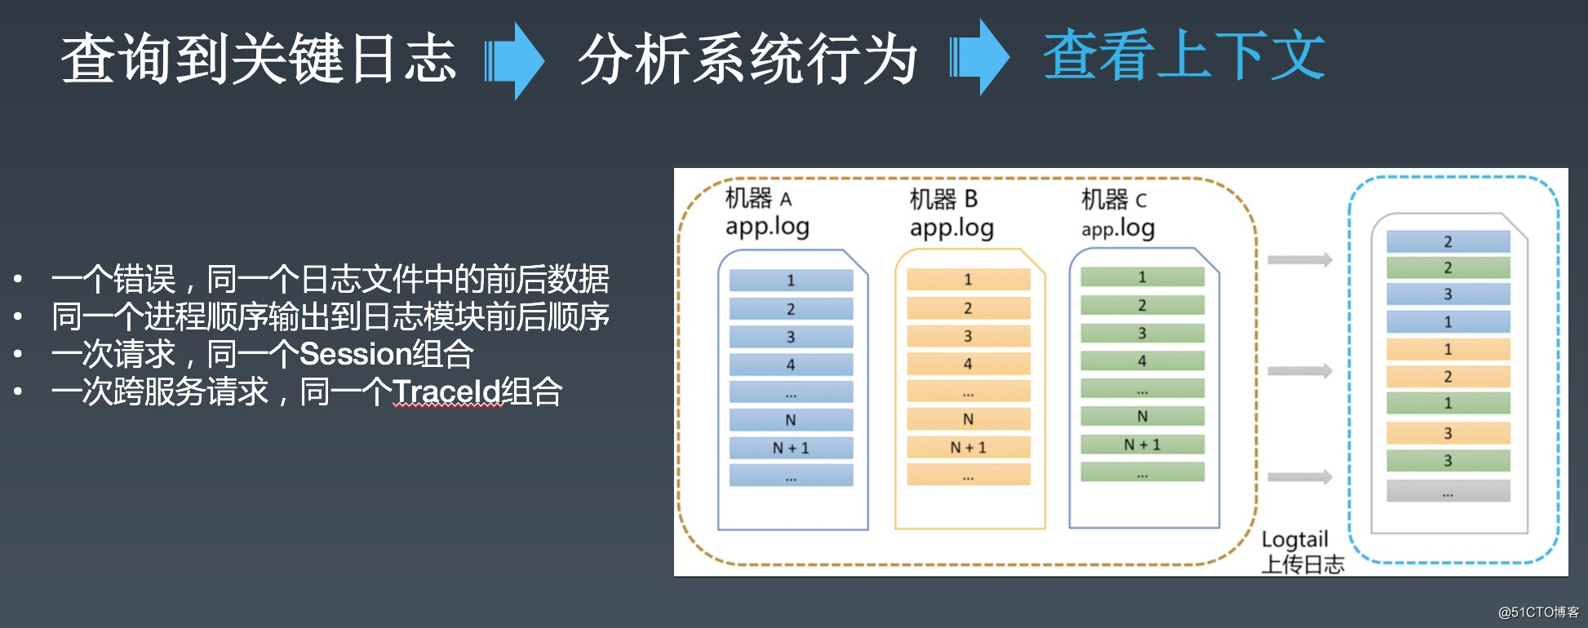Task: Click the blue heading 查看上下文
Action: [x=1183, y=55]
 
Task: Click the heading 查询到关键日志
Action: [x=259, y=59]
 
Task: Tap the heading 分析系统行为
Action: [x=747, y=59]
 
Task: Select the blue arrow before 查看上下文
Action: [x=981, y=58]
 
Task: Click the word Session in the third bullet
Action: [x=354, y=354]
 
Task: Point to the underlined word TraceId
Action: [x=446, y=392]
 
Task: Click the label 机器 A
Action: [x=758, y=198]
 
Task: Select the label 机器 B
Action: [x=943, y=199]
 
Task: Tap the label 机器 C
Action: [x=1114, y=199]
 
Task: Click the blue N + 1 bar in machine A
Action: [x=791, y=448]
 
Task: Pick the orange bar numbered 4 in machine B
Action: [x=968, y=364]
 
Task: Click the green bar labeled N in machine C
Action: [x=1142, y=416]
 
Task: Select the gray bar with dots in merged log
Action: [x=1448, y=491]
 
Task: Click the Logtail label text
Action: [x=1294, y=539]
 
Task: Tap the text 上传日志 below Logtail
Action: [x=1302, y=564]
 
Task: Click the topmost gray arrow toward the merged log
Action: [x=1299, y=260]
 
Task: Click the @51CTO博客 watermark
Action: [x=1538, y=613]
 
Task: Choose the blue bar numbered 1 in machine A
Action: [x=791, y=281]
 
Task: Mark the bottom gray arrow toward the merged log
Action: [x=1299, y=477]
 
